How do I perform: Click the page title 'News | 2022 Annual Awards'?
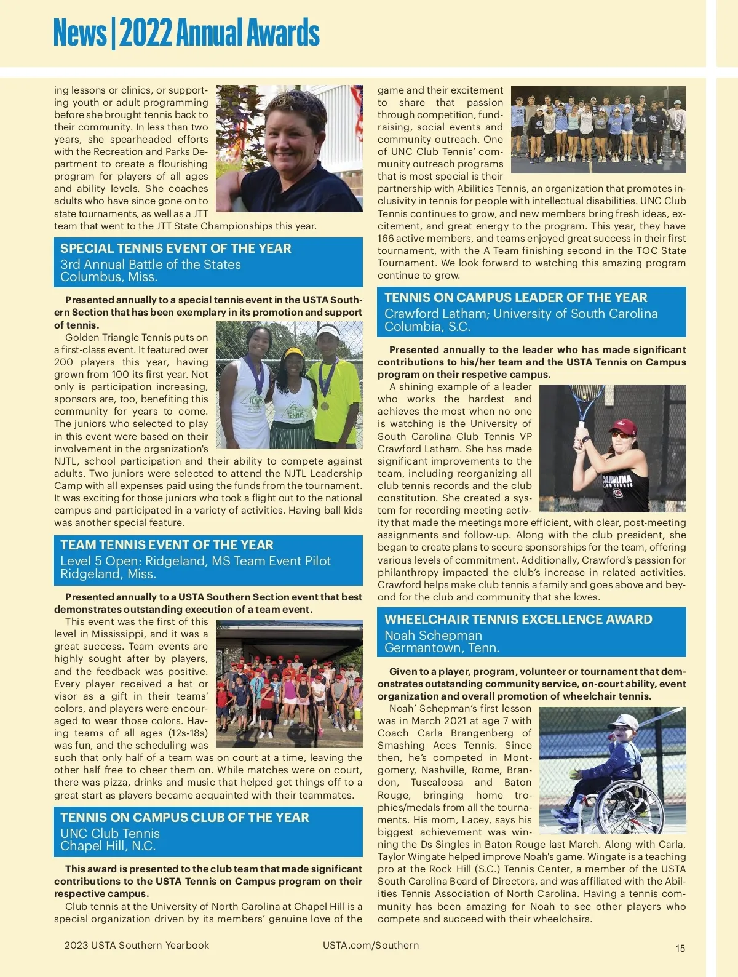[x=186, y=33]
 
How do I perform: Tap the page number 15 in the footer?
[x=680, y=948]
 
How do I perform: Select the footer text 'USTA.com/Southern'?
[x=371, y=945]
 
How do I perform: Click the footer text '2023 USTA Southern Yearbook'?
[x=137, y=945]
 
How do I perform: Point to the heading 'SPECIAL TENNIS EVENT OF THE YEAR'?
[x=176, y=249]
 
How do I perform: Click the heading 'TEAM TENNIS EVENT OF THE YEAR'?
[x=167, y=545]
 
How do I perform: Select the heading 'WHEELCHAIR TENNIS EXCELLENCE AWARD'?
[x=518, y=620]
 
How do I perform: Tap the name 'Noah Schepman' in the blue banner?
[x=433, y=635]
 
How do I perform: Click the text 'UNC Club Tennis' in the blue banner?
[x=110, y=833]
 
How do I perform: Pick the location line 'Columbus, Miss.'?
[x=109, y=277]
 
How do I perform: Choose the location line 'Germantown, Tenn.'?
[x=442, y=648]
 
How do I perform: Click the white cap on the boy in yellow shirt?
[x=328, y=332]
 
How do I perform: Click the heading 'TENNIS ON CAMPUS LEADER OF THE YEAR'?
[x=515, y=298]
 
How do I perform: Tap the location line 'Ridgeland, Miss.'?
[x=108, y=574]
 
